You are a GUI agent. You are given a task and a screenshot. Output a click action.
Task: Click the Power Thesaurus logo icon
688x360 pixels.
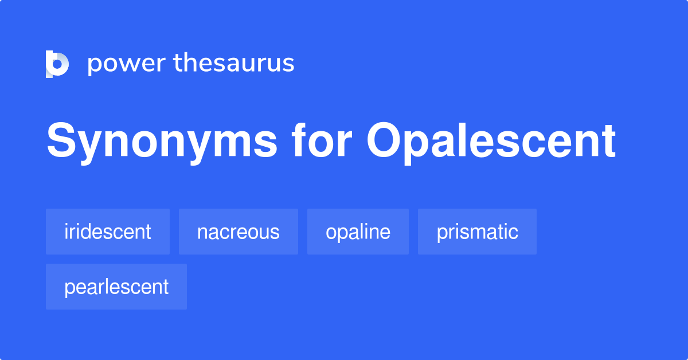coord(57,64)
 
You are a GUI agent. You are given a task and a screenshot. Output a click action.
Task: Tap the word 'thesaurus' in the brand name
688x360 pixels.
coord(234,63)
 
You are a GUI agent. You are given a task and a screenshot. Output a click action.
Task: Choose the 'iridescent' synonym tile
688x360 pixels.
coord(108,232)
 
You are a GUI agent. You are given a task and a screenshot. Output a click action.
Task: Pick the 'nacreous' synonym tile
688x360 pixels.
coord(239,232)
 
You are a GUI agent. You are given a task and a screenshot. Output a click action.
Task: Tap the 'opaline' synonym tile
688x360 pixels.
coord(358,232)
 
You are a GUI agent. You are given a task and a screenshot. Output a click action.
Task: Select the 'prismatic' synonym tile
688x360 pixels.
coord(477,232)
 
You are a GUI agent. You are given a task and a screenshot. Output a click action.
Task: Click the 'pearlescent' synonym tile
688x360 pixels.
coord(116,287)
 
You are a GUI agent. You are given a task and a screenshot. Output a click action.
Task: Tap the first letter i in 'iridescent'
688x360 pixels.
coord(67,232)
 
